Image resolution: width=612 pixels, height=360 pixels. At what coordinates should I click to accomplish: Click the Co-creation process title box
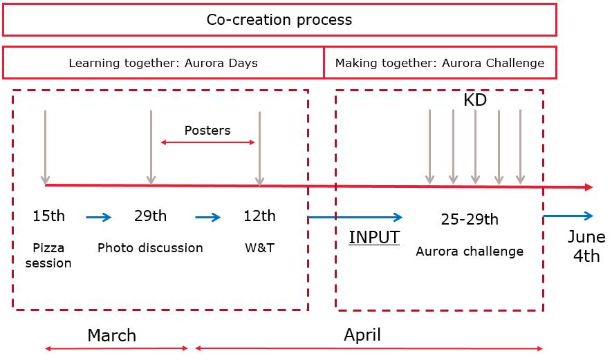279,19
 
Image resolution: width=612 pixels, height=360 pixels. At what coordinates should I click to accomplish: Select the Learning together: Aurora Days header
163,63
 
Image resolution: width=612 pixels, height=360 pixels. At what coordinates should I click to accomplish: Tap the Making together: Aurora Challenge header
440,63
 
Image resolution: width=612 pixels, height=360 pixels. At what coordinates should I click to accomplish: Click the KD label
475,100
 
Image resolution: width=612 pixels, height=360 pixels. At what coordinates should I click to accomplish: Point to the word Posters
207,130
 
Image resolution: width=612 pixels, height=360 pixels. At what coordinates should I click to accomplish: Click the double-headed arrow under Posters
208,142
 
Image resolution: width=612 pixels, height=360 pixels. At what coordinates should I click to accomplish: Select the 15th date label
48,216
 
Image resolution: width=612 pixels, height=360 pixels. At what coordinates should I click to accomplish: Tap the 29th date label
150,216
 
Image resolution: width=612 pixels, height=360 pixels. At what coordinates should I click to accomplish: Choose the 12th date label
259,216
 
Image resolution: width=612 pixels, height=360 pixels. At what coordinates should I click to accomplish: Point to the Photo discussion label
150,247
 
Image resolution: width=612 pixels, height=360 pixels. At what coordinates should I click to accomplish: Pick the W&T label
259,247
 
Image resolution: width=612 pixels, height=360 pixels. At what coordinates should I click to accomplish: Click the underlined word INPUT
374,238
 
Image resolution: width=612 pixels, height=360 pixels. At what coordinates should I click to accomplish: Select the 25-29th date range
470,220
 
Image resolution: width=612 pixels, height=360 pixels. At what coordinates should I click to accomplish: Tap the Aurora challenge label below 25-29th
470,252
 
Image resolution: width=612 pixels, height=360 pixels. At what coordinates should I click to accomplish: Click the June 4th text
586,247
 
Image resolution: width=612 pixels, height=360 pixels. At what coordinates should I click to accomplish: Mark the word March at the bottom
111,336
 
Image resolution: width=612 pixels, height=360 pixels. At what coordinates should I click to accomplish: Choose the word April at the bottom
362,335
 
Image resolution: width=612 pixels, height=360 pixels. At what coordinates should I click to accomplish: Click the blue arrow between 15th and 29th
98,218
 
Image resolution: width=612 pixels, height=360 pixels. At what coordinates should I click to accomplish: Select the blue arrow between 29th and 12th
208,218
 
